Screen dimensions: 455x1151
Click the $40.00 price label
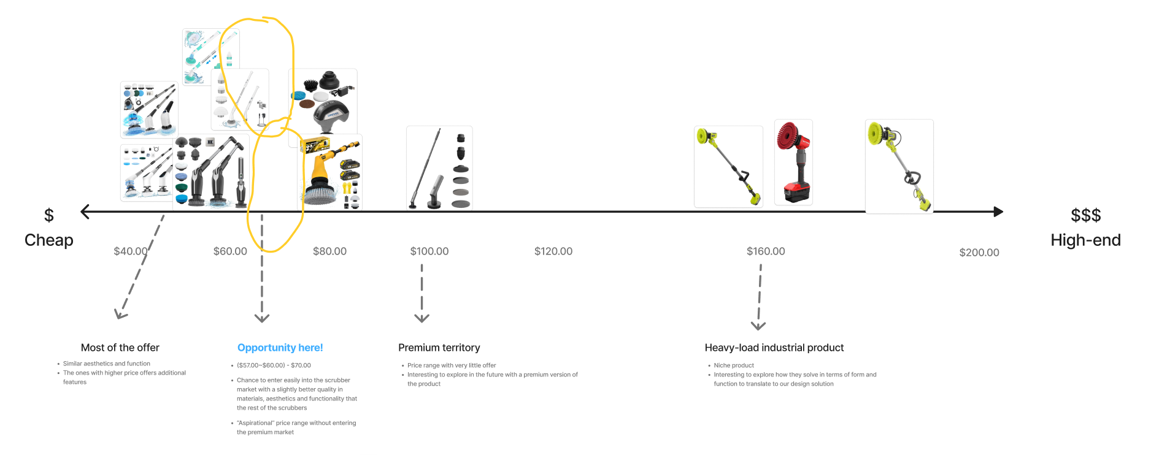pyautogui.click(x=131, y=251)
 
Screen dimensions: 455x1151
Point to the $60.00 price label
pyautogui.click(x=230, y=251)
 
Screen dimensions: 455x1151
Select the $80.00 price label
pyautogui.click(x=329, y=251)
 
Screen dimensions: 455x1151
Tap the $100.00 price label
pyautogui.click(x=429, y=251)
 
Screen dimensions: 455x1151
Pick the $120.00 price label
pyautogui.click(x=553, y=251)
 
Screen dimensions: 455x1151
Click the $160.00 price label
pyautogui.click(x=766, y=251)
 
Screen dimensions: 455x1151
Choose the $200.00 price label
pyautogui.click(x=979, y=253)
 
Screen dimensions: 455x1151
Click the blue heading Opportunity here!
pyautogui.click(x=280, y=348)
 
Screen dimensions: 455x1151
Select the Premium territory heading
pyautogui.click(x=439, y=348)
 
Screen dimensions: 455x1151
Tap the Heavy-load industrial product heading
pyautogui.click(x=774, y=348)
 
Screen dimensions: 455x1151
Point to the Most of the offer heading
pyautogui.click(x=120, y=348)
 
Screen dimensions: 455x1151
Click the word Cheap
pyautogui.click(x=49, y=240)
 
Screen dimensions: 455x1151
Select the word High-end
pyautogui.click(x=1085, y=240)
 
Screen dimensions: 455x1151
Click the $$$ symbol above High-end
pyautogui.click(x=1085, y=215)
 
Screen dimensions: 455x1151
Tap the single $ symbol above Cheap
pyautogui.click(x=49, y=215)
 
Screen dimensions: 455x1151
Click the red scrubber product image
pyautogui.click(x=793, y=162)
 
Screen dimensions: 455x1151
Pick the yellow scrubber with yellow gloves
pyautogui.click(x=330, y=173)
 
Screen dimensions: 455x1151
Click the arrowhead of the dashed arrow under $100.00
pyautogui.click(x=422, y=318)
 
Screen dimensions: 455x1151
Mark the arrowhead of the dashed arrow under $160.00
pyautogui.click(x=758, y=325)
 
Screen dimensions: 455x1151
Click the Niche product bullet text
pyautogui.click(x=734, y=365)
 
